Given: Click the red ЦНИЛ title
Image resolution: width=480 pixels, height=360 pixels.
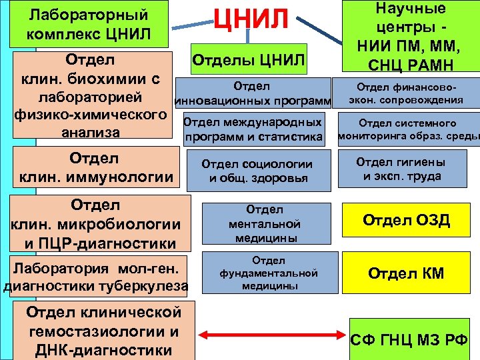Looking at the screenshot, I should tap(251, 18).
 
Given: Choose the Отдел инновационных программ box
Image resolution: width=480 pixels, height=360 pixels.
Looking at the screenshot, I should tap(253, 94).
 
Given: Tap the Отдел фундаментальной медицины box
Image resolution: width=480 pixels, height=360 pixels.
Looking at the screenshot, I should tap(269, 273).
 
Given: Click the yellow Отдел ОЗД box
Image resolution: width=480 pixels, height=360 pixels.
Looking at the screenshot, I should tap(406, 221).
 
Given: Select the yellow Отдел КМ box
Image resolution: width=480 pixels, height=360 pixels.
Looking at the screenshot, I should tap(406, 273).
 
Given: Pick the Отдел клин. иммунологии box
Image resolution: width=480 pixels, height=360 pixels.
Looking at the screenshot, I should tap(94, 169).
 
